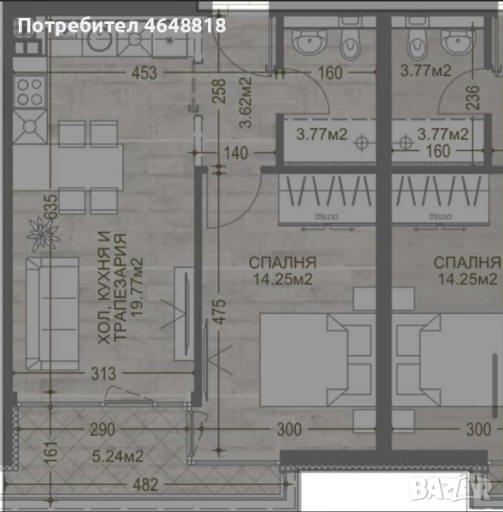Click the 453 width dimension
144,74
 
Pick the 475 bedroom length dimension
219,308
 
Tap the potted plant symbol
38,230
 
